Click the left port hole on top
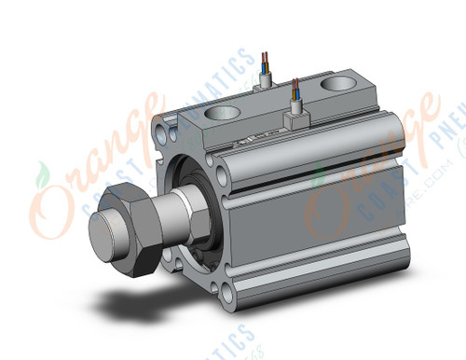coord(222,116)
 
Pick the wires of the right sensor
coord(295,92)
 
